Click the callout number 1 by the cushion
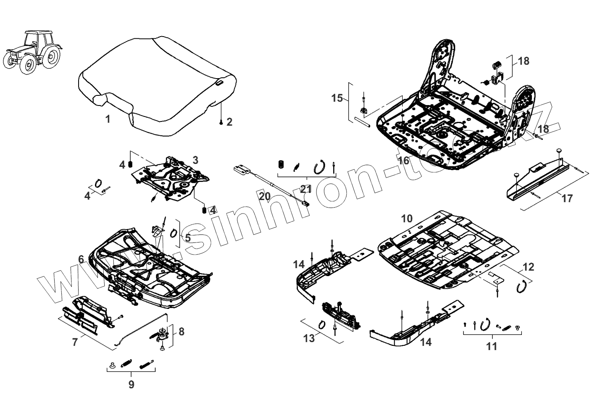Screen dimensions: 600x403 (x=108, y=119)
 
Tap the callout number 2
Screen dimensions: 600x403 (x=229, y=122)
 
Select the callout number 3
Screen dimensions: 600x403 (x=195, y=160)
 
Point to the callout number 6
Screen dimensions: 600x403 (x=81, y=259)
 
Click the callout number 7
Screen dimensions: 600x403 (x=75, y=342)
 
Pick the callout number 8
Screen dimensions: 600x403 (x=181, y=332)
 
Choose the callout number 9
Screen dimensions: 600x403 (x=131, y=384)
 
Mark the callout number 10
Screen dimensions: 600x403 (x=407, y=219)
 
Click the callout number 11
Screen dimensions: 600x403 (x=491, y=346)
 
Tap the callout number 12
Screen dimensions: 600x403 (x=528, y=267)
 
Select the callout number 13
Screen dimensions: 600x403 (x=309, y=338)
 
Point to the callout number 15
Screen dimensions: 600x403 (x=337, y=98)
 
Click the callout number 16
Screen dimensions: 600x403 (x=403, y=161)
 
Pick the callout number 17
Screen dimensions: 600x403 (x=567, y=198)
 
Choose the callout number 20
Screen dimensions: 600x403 (x=265, y=196)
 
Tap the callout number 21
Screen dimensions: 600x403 (x=306, y=190)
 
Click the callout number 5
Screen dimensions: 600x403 (x=187, y=237)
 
